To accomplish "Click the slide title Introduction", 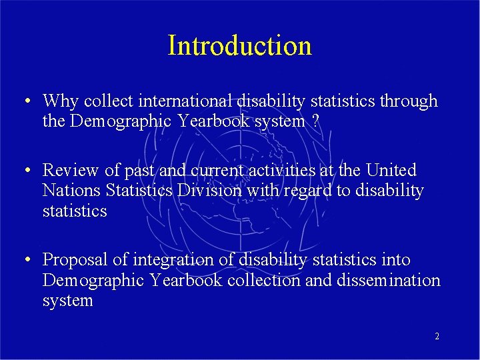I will [x=239, y=46].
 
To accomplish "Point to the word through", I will [x=409, y=101].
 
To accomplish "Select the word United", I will [x=391, y=171].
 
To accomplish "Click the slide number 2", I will [x=437, y=337].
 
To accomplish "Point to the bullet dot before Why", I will [x=24, y=102].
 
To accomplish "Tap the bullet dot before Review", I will [x=24, y=171].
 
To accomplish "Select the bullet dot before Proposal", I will [x=24, y=261].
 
